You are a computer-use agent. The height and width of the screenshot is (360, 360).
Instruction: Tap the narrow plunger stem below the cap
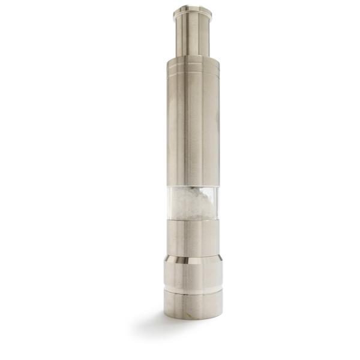click(193, 36)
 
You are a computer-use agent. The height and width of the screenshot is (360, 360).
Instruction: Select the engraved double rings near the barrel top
click(193, 73)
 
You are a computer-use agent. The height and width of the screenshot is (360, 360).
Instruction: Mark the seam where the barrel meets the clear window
click(193, 186)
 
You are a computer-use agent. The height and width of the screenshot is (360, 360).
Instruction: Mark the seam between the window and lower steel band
click(193, 219)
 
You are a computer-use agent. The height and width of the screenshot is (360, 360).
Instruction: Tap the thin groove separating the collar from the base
click(193, 292)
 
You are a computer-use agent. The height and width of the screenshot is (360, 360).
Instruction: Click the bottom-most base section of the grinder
click(193, 305)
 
